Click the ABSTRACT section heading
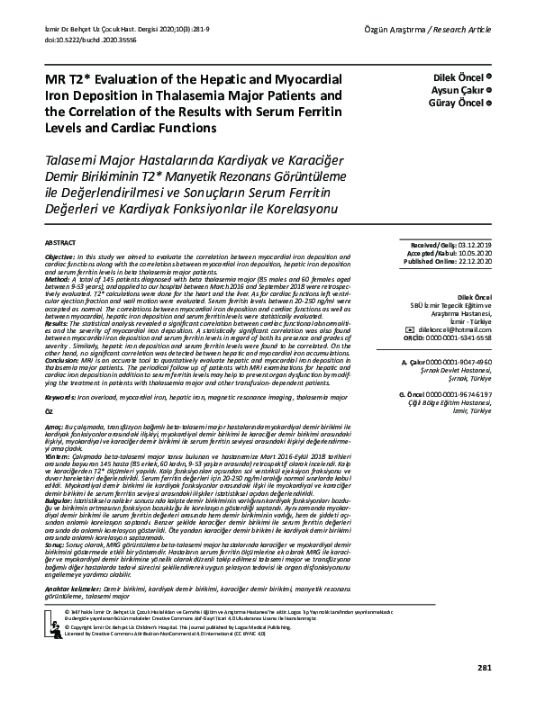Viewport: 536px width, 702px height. (59, 244)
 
